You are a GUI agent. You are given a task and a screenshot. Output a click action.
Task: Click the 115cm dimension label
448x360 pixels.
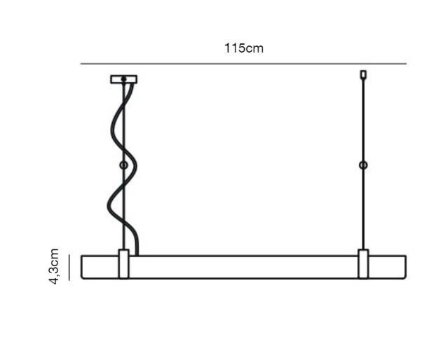(x=244, y=48)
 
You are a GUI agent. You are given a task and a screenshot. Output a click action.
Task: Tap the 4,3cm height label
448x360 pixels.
(x=54, y=266)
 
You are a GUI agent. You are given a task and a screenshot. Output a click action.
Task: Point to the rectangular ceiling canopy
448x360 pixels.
(x=123, y=79)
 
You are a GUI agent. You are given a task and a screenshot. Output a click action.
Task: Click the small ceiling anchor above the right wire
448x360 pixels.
(x=363, y=74)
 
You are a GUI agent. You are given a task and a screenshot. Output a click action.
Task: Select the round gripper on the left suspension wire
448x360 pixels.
(x=123, y=165)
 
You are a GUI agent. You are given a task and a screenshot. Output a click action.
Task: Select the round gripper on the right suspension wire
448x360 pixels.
(x=363, y=165)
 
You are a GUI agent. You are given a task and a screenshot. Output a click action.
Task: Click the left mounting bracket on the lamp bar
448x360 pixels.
(x=123, y=263)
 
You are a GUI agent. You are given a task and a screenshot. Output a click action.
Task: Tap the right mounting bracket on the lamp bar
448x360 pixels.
(x=363, y=263)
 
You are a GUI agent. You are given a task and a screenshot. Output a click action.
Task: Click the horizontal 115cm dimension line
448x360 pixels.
(x=243, y=64)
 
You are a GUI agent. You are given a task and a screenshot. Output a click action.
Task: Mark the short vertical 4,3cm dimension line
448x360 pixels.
(x=69, y=268)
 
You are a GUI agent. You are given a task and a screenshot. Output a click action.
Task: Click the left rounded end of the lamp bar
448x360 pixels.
(x=82, y=268)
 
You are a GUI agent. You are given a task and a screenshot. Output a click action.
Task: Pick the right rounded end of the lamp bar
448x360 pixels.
(x=405, y=268)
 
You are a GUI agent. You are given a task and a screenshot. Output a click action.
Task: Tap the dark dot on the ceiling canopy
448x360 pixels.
(x=123, y=79)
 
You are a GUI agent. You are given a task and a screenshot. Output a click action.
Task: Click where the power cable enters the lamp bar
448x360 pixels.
(x=137, y=255)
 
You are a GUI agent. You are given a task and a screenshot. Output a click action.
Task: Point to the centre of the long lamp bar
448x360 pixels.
(x=243, y=268)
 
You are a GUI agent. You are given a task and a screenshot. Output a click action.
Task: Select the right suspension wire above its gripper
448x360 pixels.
(x=363, y=120)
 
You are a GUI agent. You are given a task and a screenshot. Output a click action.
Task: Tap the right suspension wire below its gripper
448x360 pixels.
(x=363, y=209)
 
